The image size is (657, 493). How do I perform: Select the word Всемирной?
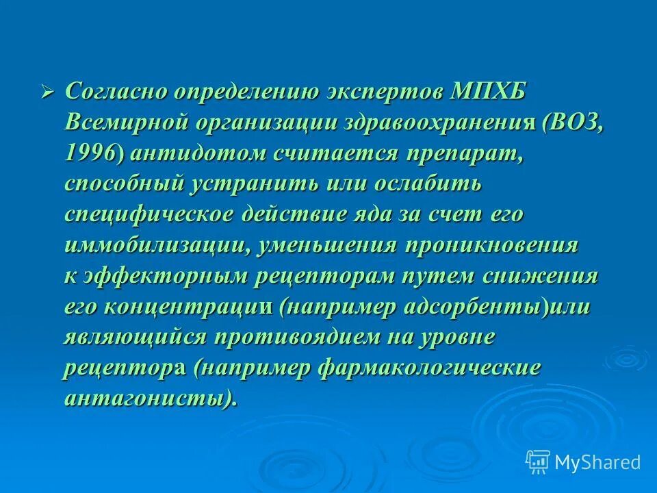click(126, 123)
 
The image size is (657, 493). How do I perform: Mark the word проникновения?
click(492, 246)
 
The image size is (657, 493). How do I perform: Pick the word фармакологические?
click(430, 369)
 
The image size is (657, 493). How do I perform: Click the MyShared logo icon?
click(538, 462)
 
